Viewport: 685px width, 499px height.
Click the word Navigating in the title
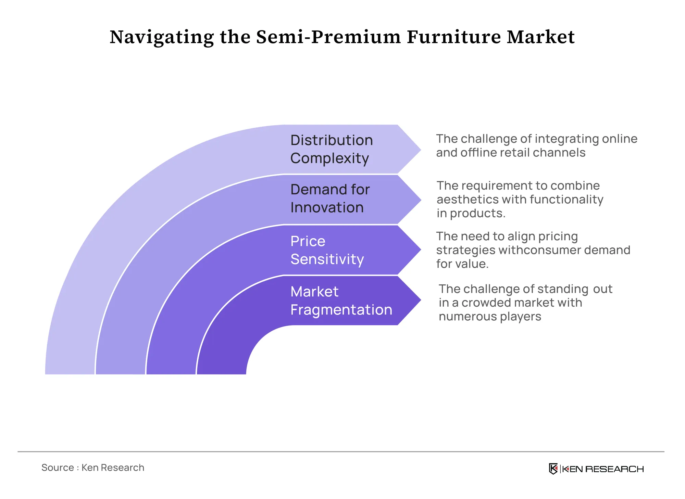162,37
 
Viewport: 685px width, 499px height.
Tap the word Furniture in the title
453,37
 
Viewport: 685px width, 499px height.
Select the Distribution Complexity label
332,149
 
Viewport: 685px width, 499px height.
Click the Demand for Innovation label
330,199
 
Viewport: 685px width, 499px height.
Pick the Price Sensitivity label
327,250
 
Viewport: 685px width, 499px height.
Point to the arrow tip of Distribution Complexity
421,150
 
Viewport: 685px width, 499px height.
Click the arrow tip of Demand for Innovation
421,200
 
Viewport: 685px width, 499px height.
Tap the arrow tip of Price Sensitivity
421,250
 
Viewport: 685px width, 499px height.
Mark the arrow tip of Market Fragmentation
421,300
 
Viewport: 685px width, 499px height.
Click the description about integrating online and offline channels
537,145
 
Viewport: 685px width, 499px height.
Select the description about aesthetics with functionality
520,199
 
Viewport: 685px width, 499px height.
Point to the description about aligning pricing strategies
533,250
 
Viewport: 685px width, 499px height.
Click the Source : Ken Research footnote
93,468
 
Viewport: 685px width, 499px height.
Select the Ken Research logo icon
553,469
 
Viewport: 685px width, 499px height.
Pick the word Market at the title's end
541,37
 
